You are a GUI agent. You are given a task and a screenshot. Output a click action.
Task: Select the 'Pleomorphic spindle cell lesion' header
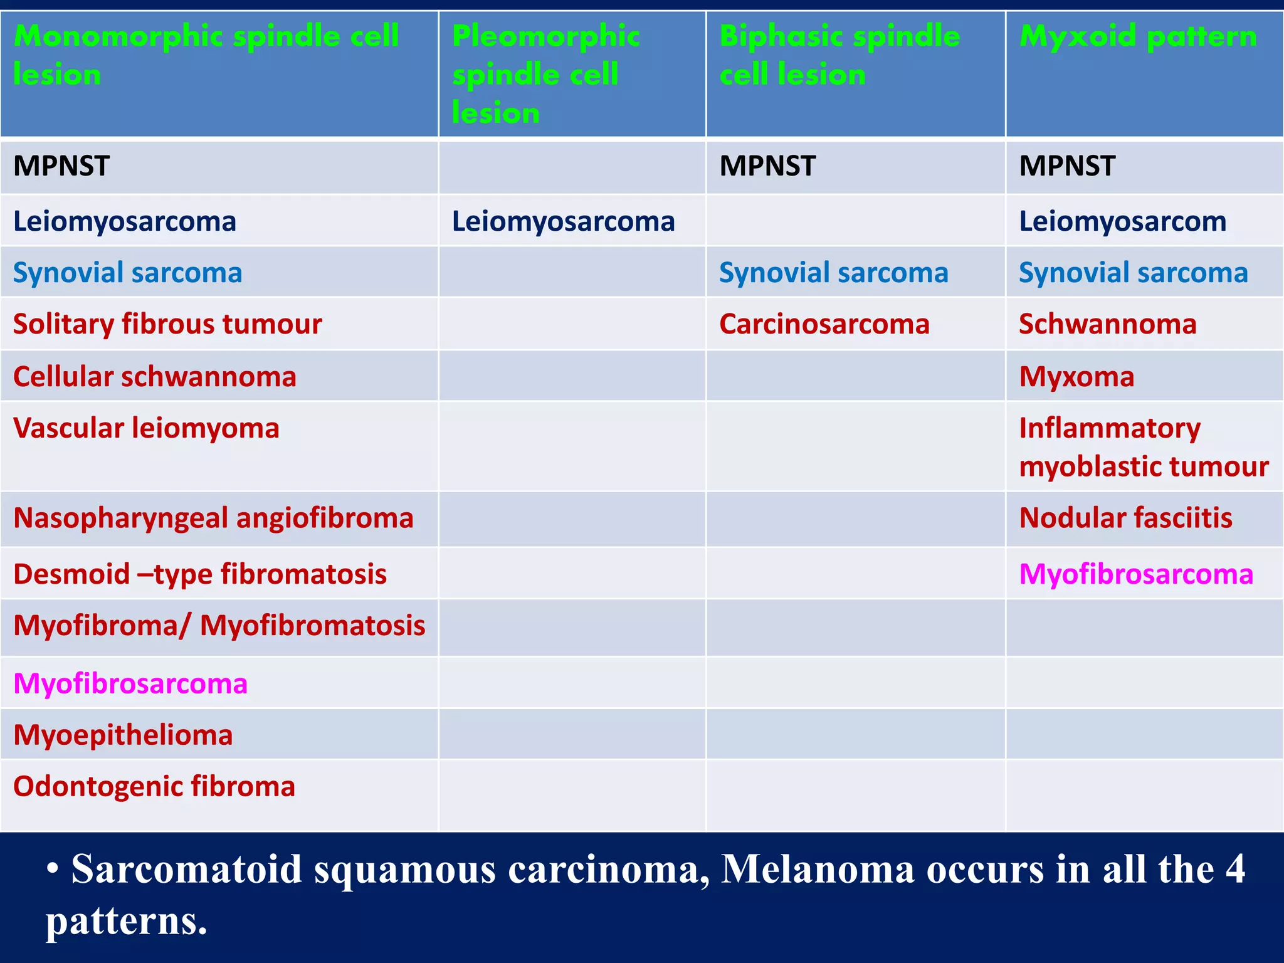click(x=545, y=74)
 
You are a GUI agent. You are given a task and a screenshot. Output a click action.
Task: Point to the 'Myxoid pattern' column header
click(x=1137, y=36)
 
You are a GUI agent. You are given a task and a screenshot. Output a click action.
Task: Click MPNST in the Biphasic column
click(x=767, y=166)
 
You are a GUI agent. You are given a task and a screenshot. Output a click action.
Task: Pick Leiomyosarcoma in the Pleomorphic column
click(x=563, y=221)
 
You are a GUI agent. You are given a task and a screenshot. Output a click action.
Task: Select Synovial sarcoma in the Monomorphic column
click(x=127, y=273)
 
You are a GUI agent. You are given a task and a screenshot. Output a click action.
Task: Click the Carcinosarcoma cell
click(x=824, y=324)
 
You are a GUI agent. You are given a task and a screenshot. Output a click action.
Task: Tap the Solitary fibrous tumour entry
click(x=167, y=324)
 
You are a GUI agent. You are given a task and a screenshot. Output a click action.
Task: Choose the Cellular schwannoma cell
click(x=154, y=377)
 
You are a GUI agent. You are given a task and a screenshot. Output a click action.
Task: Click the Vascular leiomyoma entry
click(x=146, y=428)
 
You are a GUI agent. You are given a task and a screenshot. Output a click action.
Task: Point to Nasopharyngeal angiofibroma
click(x=213, y=518)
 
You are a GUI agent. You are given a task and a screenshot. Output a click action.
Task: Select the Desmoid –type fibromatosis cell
click(x=200, y=574)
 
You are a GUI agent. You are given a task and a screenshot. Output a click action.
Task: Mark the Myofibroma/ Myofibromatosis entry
click(x=219, y=626)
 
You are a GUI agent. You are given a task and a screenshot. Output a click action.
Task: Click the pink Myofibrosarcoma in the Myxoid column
click(x=1136, y=574)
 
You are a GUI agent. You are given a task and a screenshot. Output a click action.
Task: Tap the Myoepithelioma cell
click(x=123, y=735)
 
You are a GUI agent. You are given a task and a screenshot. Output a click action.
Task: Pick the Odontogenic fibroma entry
click(x=154, y=786)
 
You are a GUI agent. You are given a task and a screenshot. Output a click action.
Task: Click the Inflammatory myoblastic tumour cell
click(x=1144, y=447)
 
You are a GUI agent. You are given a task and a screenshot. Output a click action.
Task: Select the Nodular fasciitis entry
click(x=1125, y=518)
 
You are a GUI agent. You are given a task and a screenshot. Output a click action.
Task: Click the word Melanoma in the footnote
click(x=818, y=870)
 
